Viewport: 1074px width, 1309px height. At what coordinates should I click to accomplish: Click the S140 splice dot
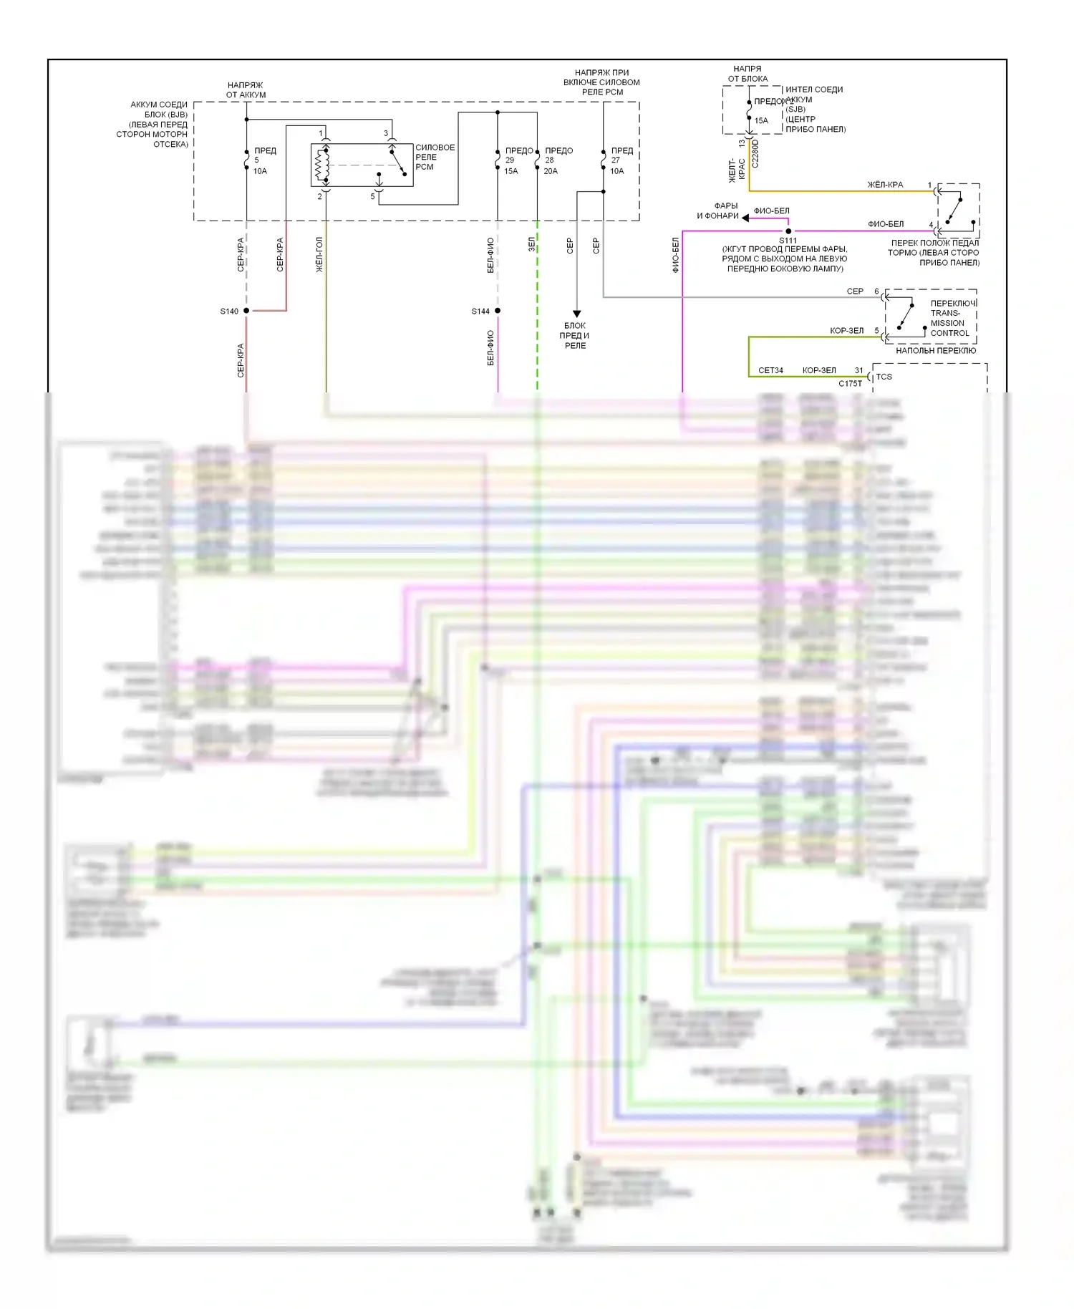246,311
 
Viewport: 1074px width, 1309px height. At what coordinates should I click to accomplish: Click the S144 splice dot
498,311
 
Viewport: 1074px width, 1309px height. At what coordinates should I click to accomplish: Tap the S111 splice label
788,241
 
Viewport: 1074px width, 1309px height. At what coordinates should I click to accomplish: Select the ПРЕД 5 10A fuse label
263,160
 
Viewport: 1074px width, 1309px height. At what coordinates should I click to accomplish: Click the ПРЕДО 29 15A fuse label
518,160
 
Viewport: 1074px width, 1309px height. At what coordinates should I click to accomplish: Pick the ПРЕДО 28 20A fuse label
558,160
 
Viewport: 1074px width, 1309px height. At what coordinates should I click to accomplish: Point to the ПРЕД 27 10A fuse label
621,160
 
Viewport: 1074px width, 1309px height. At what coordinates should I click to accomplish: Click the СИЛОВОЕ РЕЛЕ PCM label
435,157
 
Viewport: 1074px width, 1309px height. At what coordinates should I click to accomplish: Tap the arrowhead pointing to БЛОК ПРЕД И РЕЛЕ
576,314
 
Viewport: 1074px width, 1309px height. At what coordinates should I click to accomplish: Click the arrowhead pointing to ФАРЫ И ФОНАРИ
745,218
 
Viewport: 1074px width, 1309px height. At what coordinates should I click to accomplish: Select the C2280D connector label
755,153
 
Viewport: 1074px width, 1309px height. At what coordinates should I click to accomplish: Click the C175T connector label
850,384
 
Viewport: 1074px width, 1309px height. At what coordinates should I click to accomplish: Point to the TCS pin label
884,377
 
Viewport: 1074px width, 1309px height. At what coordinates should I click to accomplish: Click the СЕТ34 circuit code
770,370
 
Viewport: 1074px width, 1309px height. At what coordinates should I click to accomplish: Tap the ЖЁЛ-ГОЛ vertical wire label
319,254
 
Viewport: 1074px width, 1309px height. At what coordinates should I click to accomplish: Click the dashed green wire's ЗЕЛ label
531,244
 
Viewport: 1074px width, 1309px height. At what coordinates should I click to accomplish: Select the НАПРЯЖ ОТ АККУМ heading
246,90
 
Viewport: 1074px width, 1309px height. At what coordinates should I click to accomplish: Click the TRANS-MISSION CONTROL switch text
949,318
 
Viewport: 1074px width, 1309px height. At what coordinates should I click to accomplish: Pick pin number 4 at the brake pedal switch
931,225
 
